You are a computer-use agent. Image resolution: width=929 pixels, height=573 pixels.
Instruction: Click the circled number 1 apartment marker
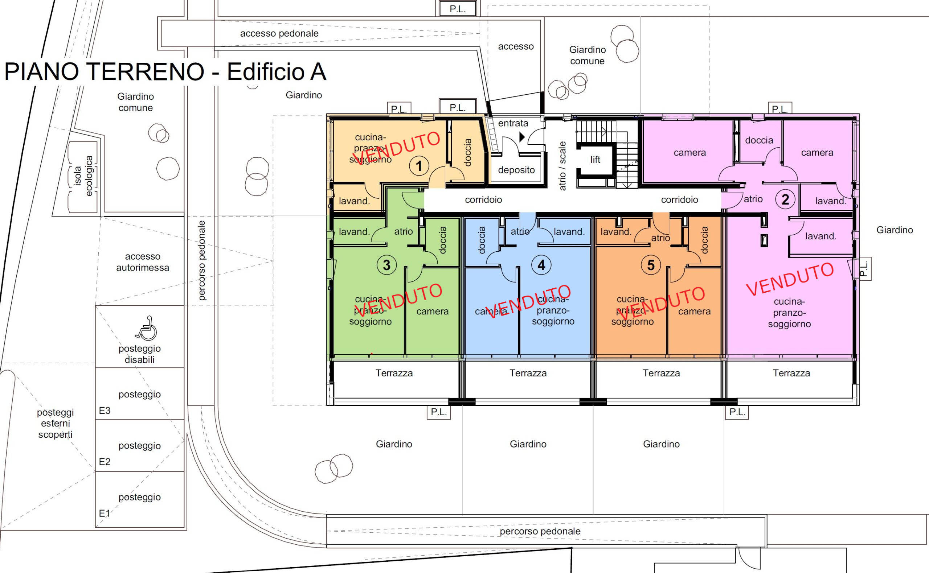point(419,166)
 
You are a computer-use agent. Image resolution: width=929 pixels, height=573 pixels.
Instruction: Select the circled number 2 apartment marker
point(785,199)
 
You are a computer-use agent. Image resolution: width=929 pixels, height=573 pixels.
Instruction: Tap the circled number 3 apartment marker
point(386,265)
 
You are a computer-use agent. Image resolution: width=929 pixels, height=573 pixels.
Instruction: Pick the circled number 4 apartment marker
point(541,265)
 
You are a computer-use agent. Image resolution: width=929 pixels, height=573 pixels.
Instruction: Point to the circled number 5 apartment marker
point(651,265)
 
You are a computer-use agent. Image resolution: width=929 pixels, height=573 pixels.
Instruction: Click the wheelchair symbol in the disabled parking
point(146,328)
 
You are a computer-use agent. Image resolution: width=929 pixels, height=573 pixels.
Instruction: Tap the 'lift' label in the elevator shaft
point(595,160)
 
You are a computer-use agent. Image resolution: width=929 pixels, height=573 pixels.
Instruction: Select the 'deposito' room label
point(516,170)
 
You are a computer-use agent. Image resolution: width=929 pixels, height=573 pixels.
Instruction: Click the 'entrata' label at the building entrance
point(513,123)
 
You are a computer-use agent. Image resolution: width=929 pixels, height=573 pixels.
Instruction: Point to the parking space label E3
point(105,411)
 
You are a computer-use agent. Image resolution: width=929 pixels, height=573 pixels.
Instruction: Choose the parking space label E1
point(105,514)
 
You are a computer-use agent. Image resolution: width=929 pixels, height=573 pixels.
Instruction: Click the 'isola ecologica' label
point(83,176)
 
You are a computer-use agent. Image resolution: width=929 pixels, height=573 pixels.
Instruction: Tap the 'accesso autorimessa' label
point(143,262)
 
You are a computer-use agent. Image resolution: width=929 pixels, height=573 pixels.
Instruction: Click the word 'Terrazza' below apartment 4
point(528,373)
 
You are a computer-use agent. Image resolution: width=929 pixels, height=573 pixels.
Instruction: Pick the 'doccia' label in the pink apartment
point(759,140)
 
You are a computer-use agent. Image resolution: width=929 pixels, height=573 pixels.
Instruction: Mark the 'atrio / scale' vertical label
point(562,166)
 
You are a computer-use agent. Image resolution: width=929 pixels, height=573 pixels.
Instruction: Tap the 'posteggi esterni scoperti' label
point(56,423)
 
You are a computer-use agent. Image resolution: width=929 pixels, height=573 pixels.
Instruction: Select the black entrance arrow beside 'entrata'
point(522,137)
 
